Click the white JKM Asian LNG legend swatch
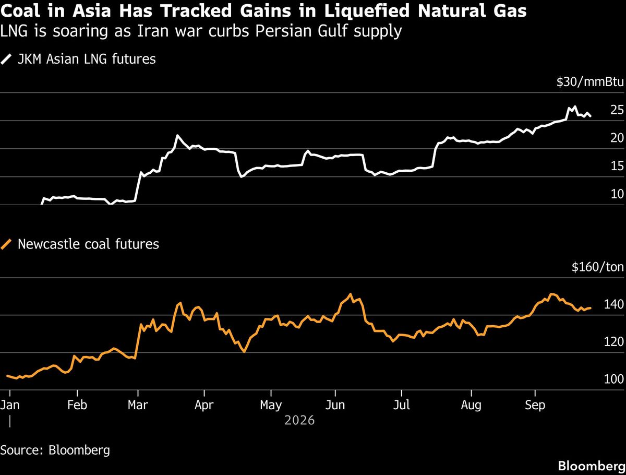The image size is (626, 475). coord(6,60)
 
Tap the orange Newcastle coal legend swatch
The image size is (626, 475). coord(6,244)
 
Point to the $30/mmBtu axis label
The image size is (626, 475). coord(590,82)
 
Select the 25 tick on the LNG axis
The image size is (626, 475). coord(617,110)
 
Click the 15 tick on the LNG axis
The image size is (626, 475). coord(617,166)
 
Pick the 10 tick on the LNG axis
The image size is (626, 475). coord(617,194)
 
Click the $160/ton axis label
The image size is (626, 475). coord(598,267)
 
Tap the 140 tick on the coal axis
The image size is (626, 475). coord(614,304)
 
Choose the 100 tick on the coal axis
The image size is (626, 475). coord(614,379)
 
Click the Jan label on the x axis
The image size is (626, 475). coord(10,405)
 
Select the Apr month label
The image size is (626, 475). coord(204,406)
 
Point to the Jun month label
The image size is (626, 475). coord(335,405)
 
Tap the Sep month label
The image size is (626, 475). coord(535,406)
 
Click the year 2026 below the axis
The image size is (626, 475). coord(299,421)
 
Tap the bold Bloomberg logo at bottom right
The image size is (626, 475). coord(592,466)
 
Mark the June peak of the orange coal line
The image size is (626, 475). coord(350,294)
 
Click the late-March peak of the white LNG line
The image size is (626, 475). coord(177,135)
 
